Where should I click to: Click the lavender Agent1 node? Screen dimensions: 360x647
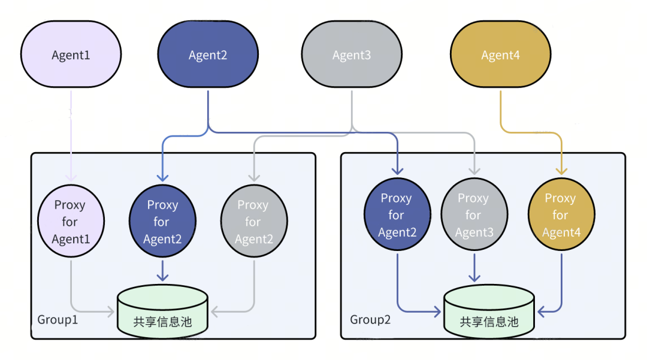(x=71, y=55)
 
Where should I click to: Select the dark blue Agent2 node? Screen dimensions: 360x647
(x=207, y=55)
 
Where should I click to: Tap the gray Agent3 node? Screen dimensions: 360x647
(x=351, y=55)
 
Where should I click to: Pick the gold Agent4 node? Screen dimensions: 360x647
(x=500, y=55)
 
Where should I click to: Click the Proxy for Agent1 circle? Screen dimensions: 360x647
(x=71, y=221)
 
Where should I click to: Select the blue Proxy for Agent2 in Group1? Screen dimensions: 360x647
(x=162, y=221)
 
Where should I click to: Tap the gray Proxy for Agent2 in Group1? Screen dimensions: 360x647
(x=253, y=221)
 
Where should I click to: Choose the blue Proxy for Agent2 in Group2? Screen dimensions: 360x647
(x=397, y=214)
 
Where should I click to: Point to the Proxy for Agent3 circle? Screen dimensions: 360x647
(x=474, y=214)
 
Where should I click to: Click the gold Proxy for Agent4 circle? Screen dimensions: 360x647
(x=561, y=214)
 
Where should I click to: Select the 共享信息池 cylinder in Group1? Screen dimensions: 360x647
(x=162, y=311)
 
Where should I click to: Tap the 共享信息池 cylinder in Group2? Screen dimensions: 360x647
(x=489, y=311)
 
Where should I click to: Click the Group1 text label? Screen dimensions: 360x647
(x=58, y=319)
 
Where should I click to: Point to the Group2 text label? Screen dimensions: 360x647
(x=370, y=319)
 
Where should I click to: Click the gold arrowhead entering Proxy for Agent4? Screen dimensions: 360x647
(x=561, y=171)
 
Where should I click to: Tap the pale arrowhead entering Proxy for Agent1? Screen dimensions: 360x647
(x=71, y=177)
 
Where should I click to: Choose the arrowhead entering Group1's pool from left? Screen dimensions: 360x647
(x=110, y=311)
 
